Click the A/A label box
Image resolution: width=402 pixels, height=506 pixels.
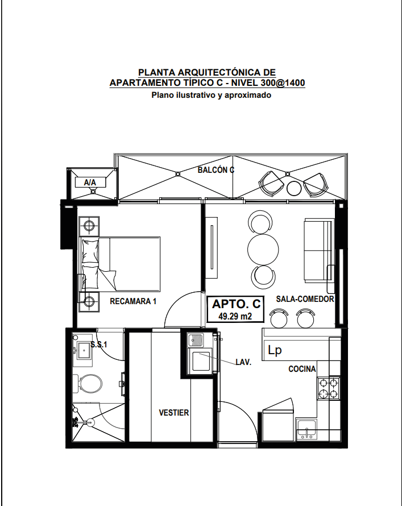tap(90, 183)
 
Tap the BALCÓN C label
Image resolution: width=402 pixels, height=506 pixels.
tap(216, 170)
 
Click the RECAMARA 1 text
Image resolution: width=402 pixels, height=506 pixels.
tap(133, 301)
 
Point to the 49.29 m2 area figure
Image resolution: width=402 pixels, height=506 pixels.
tap(235, 316)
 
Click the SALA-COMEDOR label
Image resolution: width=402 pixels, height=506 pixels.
tap(305, 299)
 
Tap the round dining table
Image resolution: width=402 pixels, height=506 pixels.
tap(263, 250)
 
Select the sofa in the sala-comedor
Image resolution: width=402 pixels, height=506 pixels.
tap(318, 254)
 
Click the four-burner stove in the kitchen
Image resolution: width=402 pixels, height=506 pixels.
tap(329, 388)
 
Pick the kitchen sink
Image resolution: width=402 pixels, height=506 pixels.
tap(306, 429)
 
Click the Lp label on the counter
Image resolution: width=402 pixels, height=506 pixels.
tap(275, 350)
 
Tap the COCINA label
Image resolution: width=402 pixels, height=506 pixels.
tap(302, 369)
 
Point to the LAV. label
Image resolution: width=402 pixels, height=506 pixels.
tap(243, 362)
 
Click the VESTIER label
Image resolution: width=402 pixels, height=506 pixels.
tap(174, 412)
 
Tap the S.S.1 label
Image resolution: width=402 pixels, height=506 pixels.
tap(99, 345)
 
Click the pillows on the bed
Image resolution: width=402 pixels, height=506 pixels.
tap(90, 264)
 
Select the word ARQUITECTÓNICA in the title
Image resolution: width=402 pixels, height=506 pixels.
tap(221, 72)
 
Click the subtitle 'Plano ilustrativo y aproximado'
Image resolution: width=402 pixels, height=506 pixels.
tap(212, 95)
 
